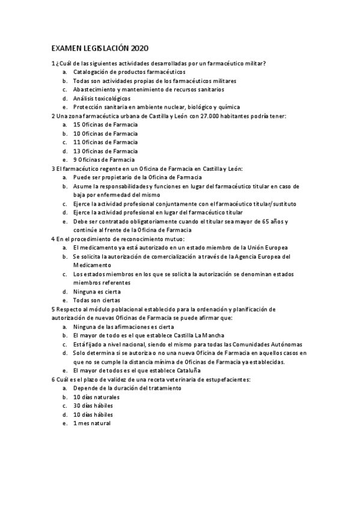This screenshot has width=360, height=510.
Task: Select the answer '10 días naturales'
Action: coord(96,398)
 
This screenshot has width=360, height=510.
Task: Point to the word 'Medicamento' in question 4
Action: coord(91,265)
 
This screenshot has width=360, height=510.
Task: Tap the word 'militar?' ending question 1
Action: coord(255,63)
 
